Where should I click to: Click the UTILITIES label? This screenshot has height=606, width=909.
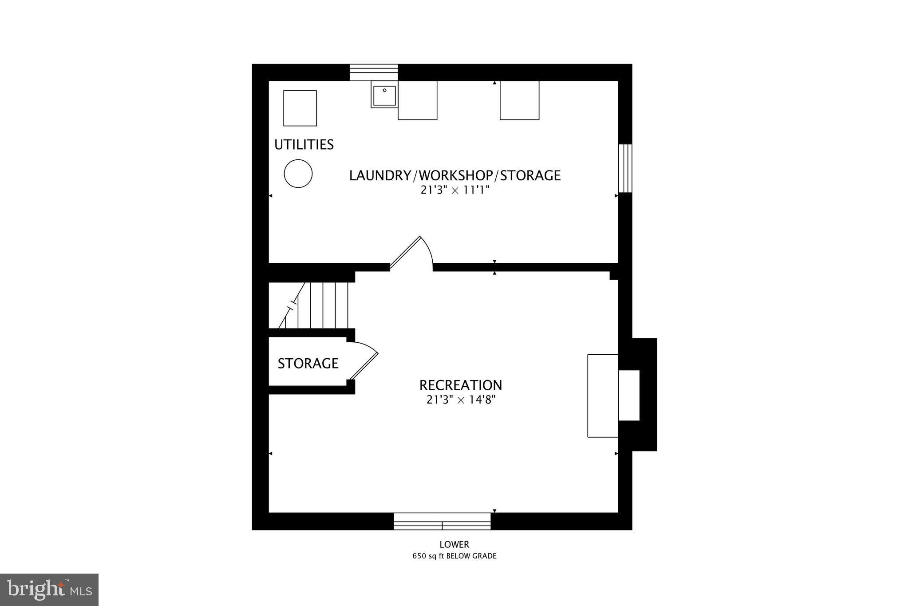pyautogui.click(x=304, y=145)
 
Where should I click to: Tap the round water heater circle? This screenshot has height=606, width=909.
pyautogui.click(x=298, y=174)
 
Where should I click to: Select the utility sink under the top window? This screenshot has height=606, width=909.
pyautogui.click(x=384, y=95)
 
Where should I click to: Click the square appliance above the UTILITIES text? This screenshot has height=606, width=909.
pyautogui.click(x=300, y=108)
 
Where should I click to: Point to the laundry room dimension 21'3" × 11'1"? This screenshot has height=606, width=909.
pyautogui.click(x=455, y=190)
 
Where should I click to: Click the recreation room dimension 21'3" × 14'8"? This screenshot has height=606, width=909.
pyautogui.click(x=461, y=400)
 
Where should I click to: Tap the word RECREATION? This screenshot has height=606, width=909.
pyautogui.click(x=461, y=385)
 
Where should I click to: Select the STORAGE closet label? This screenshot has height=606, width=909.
pyautogui.click(x=308, y=364)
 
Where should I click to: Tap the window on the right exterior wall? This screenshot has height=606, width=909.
pyautogui.click(x=625, y=168)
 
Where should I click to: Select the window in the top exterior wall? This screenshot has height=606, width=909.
pyautogui.click(x=374, y=72)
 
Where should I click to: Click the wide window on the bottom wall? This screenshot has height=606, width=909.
pyautogui.click(x=443, y=521)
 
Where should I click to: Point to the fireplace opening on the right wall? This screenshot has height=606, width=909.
pyautogui.click(x=629, y=395)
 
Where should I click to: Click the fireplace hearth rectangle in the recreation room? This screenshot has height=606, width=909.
pyautogui.click(x=603, y=396)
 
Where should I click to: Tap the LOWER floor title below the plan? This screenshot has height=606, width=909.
pyautogui.click(x=454, y=545)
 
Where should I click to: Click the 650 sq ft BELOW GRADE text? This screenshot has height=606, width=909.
pyautogui.click(x=454, y=556)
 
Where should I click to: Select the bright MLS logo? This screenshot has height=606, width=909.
pyautogui.click(x=49, y=590)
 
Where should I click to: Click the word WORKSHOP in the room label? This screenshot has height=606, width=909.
pyautogui.click(x=455, y=176)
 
